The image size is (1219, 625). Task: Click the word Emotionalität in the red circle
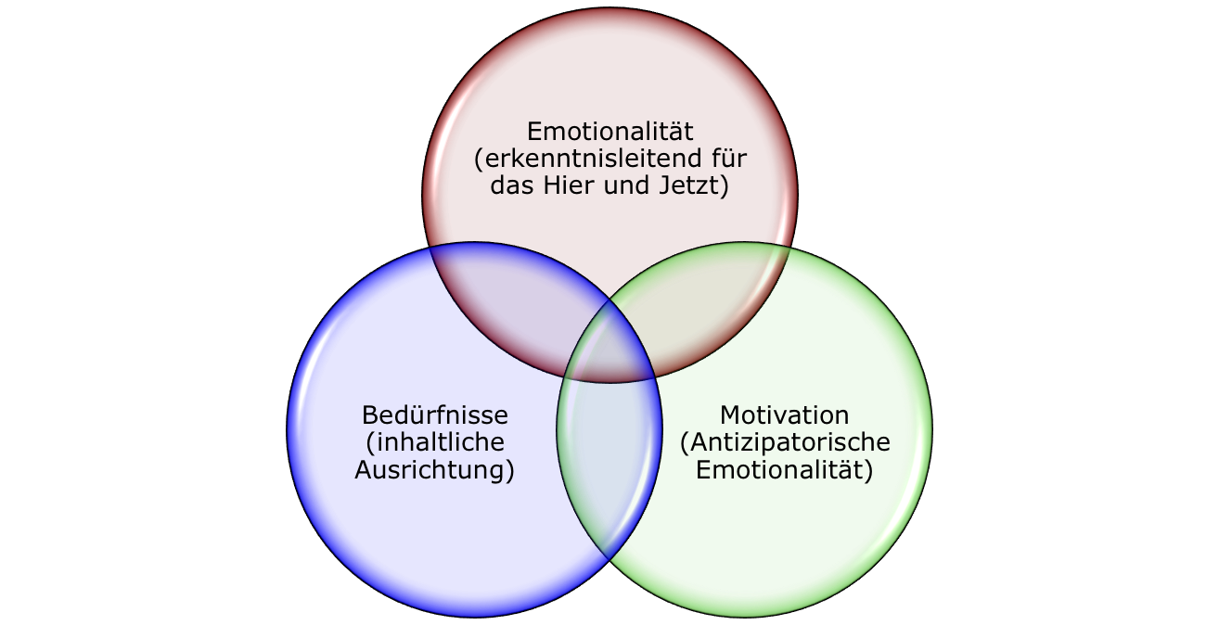pos(610,131)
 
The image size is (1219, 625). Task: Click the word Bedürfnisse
pos(435,415)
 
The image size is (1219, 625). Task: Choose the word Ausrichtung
pos(434,470)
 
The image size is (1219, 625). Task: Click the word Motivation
pos(784,415)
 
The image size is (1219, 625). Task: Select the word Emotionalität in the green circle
pos(784,470)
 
